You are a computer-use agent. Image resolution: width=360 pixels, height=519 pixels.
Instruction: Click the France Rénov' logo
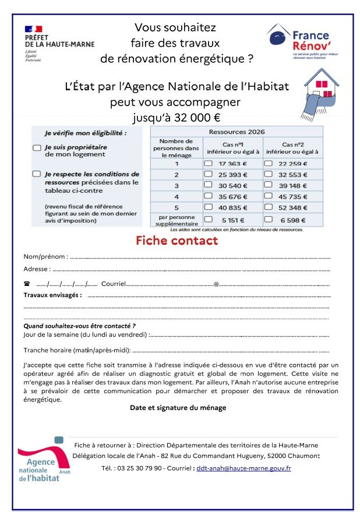pos(298,41)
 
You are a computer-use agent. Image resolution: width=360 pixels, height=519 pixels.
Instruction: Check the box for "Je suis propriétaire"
pos(37,149)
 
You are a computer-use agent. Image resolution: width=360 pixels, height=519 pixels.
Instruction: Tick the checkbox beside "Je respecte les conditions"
pos(37,174)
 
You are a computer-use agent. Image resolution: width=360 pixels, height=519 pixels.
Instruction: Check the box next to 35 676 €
pos(208,196)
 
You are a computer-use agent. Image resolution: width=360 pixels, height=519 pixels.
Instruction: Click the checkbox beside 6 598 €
pos(269,220)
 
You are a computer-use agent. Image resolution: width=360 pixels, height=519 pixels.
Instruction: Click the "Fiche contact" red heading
pos(177,241)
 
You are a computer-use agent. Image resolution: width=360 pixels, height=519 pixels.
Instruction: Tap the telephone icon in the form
pos(27,284)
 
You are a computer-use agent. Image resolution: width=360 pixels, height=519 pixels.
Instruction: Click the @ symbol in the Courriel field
pos(216,284)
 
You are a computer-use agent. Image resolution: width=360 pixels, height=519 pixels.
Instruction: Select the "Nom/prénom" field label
pos(45,256)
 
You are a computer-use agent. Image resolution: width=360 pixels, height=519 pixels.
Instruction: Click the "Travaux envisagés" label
pos(52,295)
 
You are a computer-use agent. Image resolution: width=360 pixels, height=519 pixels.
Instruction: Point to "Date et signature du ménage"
pos(178,408)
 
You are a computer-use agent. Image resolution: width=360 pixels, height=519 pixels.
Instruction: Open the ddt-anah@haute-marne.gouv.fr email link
pos(243,468)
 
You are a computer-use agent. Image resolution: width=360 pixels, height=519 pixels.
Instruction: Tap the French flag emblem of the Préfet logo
pos(34,29)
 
